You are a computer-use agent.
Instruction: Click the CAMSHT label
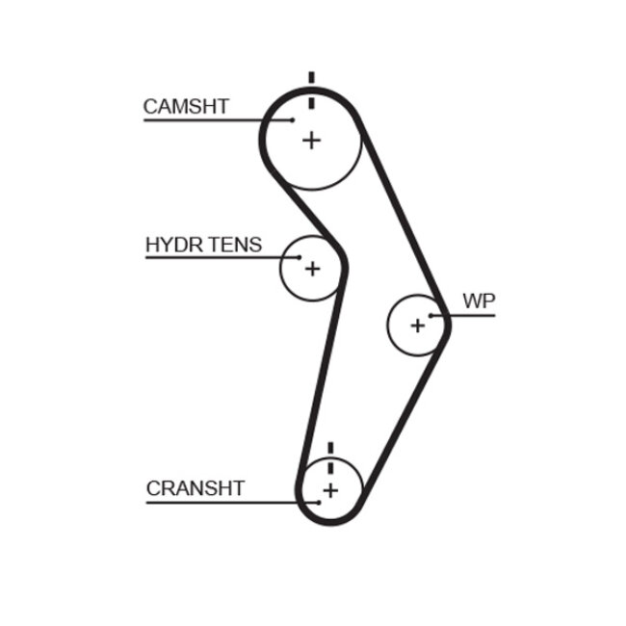(x=186, y=106)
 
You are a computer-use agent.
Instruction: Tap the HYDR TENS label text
(x=203, y=245)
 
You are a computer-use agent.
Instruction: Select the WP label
(x=479, y=301)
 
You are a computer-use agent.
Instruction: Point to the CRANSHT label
(x=196, y=488)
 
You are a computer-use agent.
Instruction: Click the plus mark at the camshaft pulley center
(x=311, y=141)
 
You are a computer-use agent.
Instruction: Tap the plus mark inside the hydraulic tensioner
(x=311, y=269)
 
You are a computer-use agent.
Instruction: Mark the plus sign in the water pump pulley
(x=417, y=326)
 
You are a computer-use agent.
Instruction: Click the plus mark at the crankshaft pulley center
(x=330, y=491)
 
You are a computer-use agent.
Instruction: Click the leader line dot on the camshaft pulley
(x=293, y=120)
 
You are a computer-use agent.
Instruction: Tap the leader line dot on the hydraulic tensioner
(x=300, y=258)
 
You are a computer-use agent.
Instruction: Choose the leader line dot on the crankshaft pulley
(x=318, y=502)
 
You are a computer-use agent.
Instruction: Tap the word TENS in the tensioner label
(x=231, y=245)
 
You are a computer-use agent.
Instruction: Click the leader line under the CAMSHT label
(x=212, y=120)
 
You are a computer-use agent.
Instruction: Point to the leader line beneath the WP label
(x=467, y=315)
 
